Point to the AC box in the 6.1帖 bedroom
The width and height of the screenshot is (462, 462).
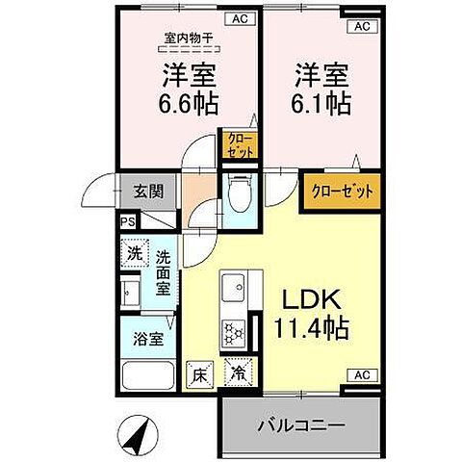(361, 27)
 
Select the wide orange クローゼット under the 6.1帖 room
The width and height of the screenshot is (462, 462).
(342, 190)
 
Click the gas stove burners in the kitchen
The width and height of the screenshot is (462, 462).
(233, 331)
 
